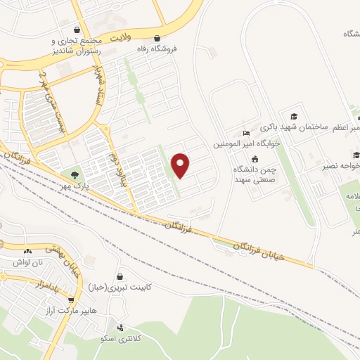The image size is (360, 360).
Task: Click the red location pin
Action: click(x=181, y=165)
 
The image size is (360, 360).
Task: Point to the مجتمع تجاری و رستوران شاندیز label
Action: click(x=75, y=46)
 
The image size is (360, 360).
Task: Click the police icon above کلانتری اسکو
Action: click(x=121, y=328)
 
